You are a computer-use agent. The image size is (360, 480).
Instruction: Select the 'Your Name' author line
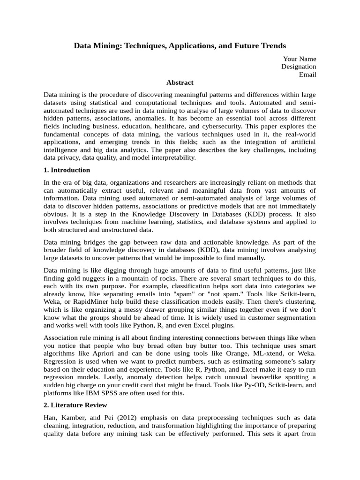point(300,59)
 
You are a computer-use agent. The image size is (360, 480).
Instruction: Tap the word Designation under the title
point(299,67)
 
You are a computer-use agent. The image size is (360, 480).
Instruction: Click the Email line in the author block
point(307,75)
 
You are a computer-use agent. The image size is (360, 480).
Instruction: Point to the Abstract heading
point(180,82)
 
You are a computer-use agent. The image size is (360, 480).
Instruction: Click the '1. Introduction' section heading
point(67,170)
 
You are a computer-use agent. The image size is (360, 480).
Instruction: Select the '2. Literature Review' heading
point(75,405)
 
